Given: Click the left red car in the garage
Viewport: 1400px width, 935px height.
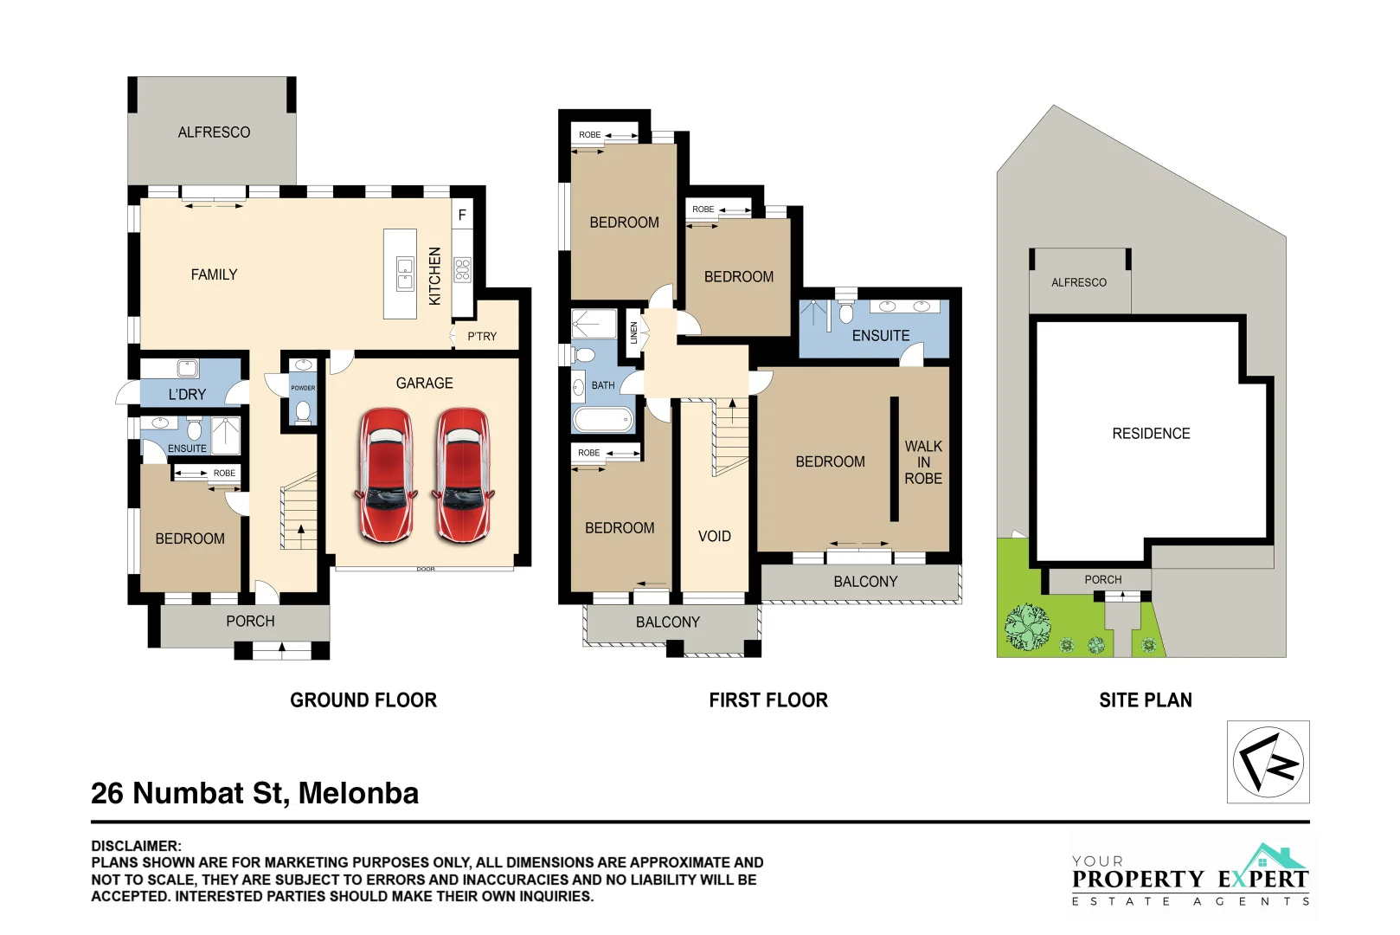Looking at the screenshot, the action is coord(386,475).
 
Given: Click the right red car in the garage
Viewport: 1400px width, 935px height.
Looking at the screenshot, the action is coord(463,475).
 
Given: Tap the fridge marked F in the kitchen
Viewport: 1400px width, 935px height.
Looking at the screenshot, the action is coord(463,216).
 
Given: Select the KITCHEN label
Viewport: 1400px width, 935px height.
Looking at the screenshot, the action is coord(435,276).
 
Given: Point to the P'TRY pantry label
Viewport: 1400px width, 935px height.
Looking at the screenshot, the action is coord(483,337).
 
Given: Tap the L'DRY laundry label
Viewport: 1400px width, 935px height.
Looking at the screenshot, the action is coord(187,394).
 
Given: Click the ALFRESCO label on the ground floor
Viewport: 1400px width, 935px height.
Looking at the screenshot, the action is coord(214,132).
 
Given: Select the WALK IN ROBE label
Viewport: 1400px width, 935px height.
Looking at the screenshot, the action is coord(923,462).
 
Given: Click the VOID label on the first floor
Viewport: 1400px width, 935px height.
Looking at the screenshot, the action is coord(715,536).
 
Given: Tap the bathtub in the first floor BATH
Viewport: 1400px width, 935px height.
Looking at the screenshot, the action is coord(603,420).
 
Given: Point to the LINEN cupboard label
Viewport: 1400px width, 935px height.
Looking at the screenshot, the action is coord(633,332).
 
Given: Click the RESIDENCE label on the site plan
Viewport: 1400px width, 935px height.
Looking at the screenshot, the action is coord(1152,434).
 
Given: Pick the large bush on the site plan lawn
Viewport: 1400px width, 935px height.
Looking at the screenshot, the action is coord(1027,627).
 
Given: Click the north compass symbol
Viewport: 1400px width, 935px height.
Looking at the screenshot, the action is coord(1268,762).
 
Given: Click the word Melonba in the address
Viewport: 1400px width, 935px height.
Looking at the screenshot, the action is coord(359,793).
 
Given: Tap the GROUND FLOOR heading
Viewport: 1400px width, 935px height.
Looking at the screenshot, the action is coord(363,700).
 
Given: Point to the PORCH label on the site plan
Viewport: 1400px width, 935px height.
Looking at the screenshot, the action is coord(1103,580).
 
